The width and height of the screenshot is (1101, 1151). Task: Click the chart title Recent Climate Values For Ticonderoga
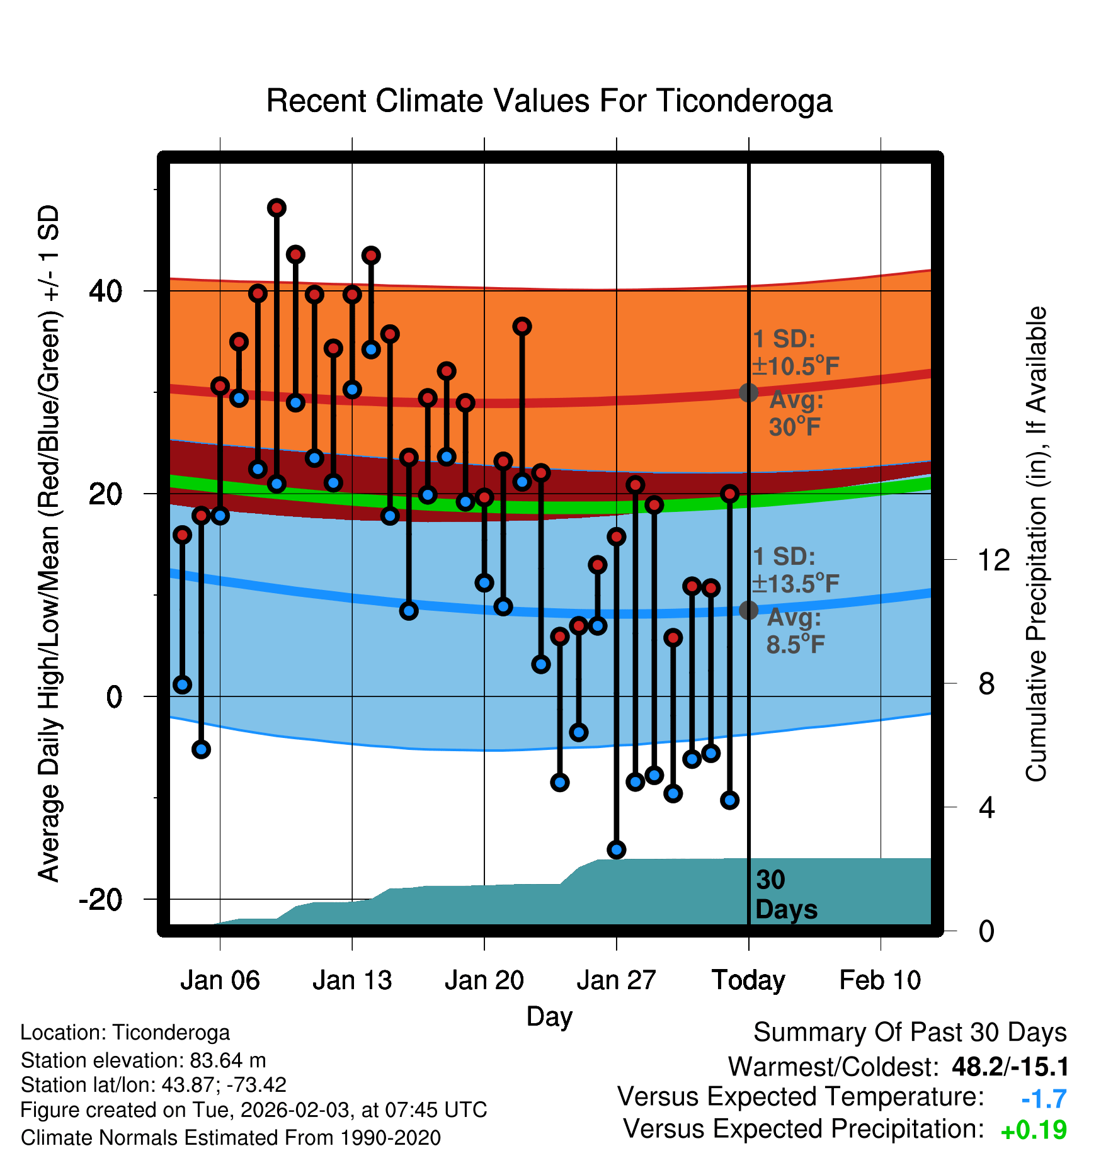click(x=549, y=101)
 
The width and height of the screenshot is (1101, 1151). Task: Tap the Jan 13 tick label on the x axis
click(x=352, y=980)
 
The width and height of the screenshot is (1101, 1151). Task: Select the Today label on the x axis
click(x=748, y=980)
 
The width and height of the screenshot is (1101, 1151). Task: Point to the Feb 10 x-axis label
click(x=880, y=980)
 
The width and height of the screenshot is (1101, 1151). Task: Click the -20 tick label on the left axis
click(x=101, y=900)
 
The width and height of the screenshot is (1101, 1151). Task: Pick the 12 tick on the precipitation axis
click(x=994, y=560)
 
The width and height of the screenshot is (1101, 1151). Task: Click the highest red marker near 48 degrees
click(x=277, y=208)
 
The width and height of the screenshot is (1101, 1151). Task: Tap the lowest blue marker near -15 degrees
click(x=617, y=849)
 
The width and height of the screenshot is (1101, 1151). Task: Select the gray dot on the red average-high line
click(x=748, y=392)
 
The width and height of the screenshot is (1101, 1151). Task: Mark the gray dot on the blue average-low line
click(x=748, y=610)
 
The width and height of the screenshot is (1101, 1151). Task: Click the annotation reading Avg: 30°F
click(x=796, y=414)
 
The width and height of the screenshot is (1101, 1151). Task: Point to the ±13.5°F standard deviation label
click(x=796, y=584)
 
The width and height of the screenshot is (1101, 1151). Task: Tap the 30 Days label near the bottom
click(x=785, y=895)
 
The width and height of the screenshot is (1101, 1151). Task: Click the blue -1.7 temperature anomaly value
click(x=1044, y=1099)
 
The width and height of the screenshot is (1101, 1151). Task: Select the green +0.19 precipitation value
click(x=1034, y=1130)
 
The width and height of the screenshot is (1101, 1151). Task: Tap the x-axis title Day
click(x=549, y=1016)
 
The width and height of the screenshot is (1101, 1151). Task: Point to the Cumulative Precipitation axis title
click(x=1036, y=544)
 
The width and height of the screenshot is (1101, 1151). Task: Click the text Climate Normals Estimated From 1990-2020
click(x=231, y=1138)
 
